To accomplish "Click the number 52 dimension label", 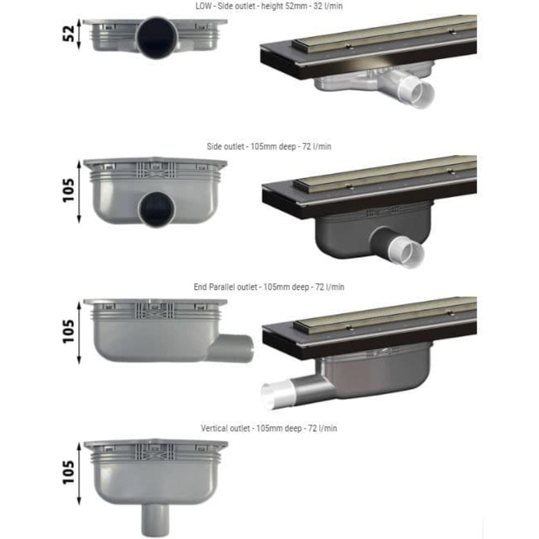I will (x=68, y=35).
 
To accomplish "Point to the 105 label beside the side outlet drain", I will (x=68, y=191).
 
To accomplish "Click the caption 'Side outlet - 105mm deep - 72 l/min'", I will (x=268, y=147).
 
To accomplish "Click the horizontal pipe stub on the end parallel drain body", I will (x=232, y=348).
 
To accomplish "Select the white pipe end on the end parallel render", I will (x=272, y=397).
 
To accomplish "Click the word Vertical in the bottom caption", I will (x=216, y=428).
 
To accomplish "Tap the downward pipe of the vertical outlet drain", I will (x=155, y=519).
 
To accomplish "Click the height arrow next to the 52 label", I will (x=80, y=35).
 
